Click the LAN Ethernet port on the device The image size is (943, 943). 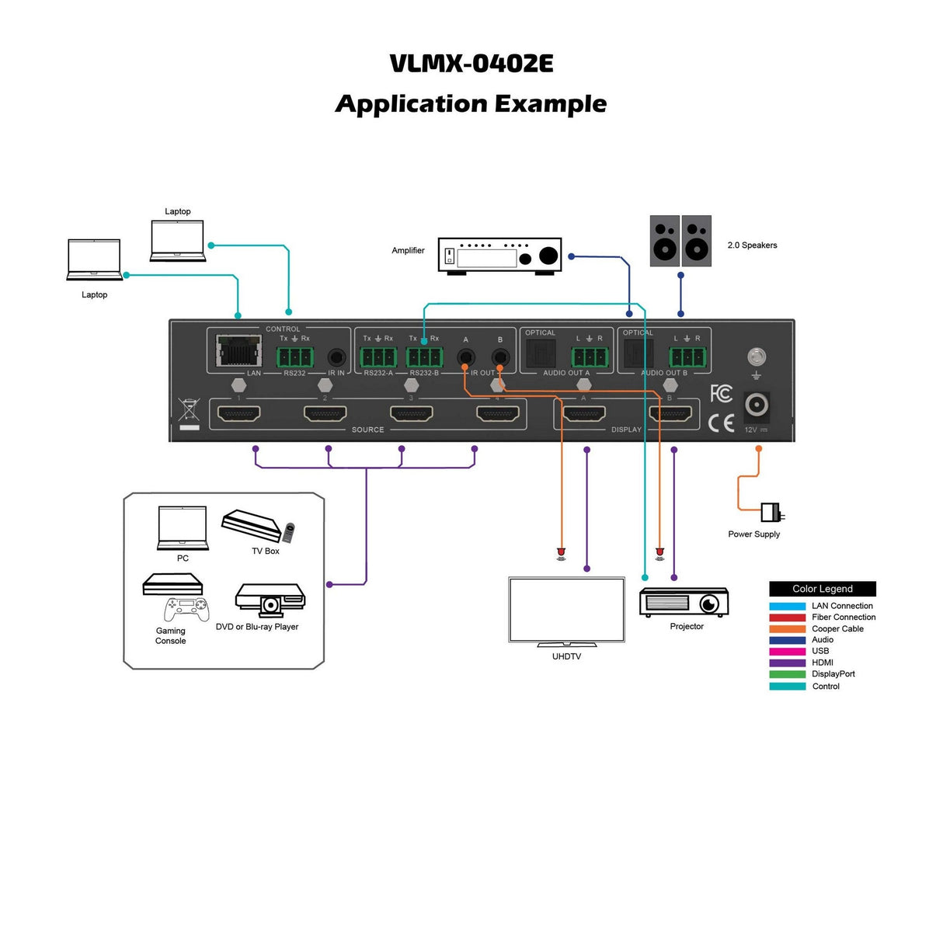(238, 351)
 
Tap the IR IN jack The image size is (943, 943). (336, 357)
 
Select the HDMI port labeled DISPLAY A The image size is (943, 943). (583, 413)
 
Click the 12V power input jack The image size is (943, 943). (757, 405)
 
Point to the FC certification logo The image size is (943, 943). (721, 393)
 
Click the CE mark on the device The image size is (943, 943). (722, 423)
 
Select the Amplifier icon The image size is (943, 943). (499, 256)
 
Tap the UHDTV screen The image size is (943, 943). (566, 610)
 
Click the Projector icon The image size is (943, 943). (684, 602)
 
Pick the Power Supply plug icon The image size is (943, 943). (772, 513)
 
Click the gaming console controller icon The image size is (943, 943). (186, 608)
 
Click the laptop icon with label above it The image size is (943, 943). (177, 241)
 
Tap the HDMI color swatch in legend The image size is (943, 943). (787, 663)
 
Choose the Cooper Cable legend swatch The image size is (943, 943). (787, 629)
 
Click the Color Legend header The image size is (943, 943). (822, 589)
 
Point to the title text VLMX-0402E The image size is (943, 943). (471, 64)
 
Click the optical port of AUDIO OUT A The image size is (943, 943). (541, 354)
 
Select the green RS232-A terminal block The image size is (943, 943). (378, 357)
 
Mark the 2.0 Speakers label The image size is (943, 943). (751, 245)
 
